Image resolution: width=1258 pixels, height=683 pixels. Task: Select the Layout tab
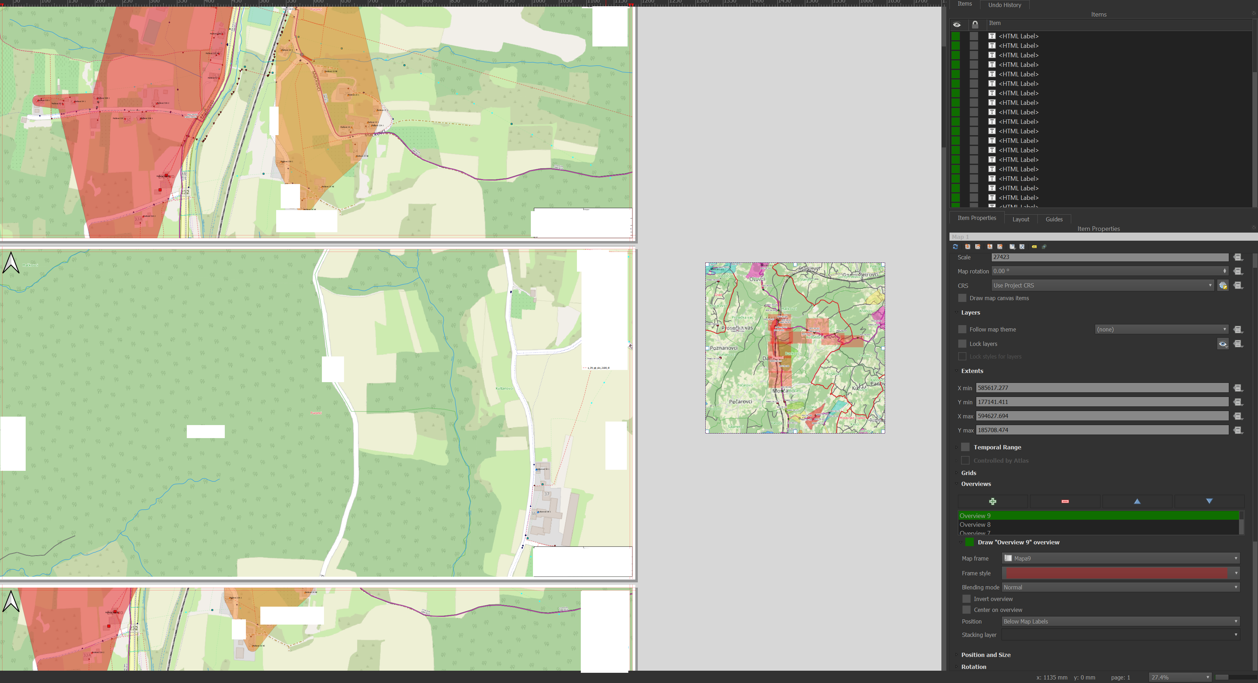click(1020, 219)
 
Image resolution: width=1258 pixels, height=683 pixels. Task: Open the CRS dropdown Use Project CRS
click(1102, 285)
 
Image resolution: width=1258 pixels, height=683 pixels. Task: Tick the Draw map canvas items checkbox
click(962, 298)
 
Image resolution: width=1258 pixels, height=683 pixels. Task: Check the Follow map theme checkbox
click(962, 329)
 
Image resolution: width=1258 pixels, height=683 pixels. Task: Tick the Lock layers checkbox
click(962, 344)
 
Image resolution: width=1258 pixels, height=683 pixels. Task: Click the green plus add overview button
click(992, 501)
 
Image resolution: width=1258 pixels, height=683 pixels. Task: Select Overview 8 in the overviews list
click(975, 525)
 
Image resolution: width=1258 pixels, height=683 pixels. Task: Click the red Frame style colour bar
click(1116, 573)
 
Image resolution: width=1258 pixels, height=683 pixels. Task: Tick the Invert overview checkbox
click(966, 599)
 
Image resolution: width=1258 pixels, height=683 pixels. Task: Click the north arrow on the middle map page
click(11, 263)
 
